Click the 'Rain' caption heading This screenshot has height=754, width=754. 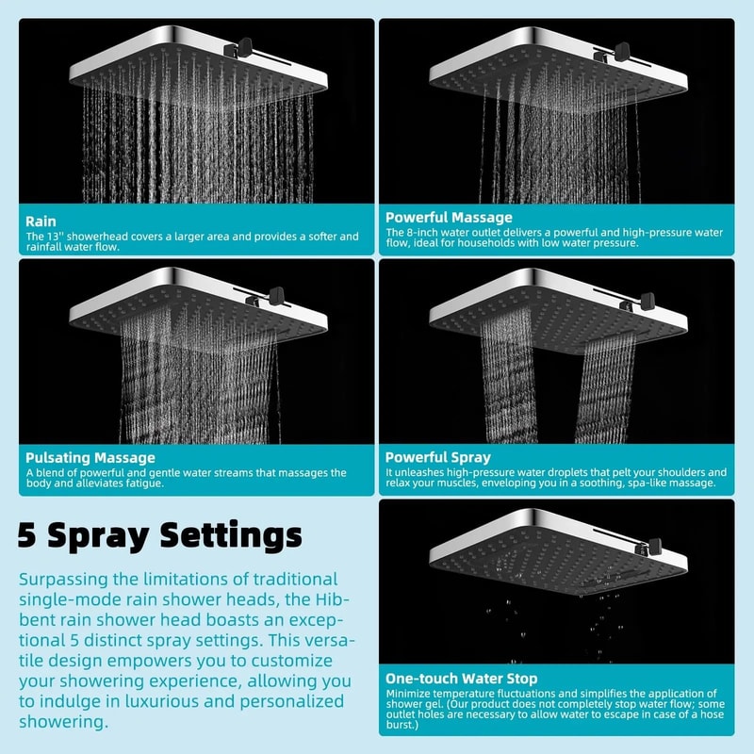[x=41, y=221]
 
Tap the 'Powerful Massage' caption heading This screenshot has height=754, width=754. [x=449, y=218]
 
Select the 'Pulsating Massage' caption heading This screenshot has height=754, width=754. [x=90, y=458]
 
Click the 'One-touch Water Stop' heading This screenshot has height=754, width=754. [x=461, y=678]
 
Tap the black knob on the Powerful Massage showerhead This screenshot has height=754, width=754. [x=621, y=49]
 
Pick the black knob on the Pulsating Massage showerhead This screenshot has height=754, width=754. [x=275, y=296]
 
